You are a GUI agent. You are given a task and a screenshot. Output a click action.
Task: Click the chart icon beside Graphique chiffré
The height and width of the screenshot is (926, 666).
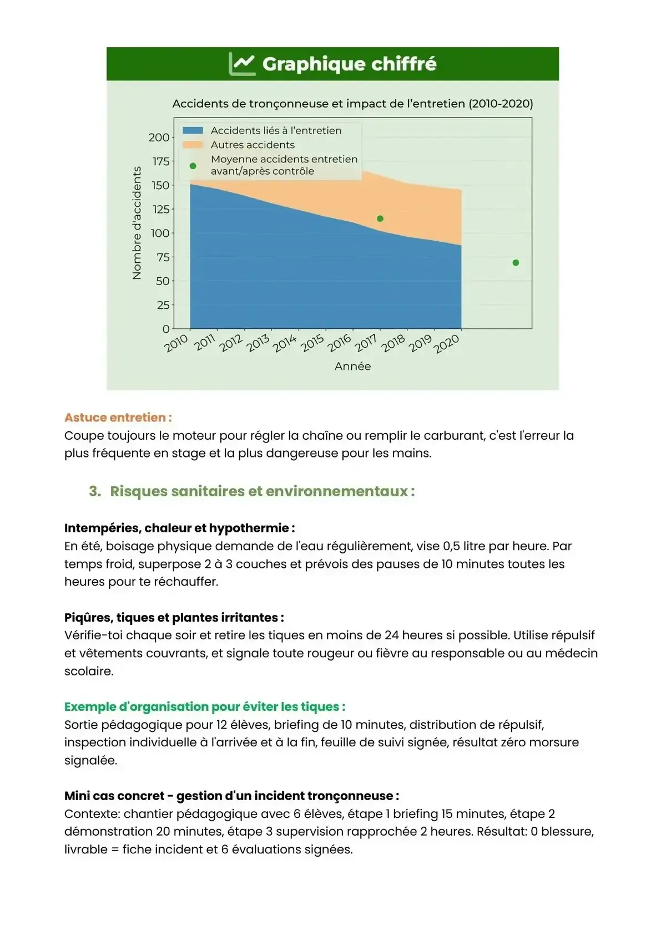click(242, 64)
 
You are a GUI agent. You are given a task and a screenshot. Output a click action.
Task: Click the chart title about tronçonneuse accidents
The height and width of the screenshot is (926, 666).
click(352, 104)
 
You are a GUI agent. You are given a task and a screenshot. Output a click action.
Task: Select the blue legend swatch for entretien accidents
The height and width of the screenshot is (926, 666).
click(193, 130)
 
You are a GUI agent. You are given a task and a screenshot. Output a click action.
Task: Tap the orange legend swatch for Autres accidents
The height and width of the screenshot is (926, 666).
click(193, 145)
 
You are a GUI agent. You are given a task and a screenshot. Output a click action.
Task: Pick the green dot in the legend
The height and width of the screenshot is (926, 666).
click(193, 166)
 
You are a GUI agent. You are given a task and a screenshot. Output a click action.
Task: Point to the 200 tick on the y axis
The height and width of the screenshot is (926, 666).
click(159, 138)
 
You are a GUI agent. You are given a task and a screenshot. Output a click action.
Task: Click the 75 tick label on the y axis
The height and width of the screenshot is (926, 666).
click(163, 257)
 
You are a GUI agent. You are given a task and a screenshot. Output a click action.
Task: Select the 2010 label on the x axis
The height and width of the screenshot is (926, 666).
click(176, 343)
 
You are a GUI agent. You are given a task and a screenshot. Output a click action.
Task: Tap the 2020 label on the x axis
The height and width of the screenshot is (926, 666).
click(447, 344)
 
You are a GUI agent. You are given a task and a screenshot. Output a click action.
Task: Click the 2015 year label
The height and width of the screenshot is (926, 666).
click(312, 343)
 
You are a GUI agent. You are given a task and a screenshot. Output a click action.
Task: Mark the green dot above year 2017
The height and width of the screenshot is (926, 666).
click(380, 218)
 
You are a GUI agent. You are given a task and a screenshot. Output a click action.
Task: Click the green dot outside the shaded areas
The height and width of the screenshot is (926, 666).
click(516, 263)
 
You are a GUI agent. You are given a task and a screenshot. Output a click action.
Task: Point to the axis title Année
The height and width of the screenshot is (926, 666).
click(352, 367)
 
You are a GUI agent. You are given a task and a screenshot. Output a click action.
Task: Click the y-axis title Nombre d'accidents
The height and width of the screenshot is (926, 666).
click(137, 223)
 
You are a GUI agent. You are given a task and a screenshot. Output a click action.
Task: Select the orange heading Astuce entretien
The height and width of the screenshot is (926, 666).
click(118, 418)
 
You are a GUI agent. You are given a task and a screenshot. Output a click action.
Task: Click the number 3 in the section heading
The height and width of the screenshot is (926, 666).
click(94, 491)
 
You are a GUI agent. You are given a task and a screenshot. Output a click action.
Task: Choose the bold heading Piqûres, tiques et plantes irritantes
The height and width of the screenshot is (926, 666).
click(174, 618)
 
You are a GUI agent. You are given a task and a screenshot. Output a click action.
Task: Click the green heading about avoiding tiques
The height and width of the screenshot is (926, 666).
click(204, 706)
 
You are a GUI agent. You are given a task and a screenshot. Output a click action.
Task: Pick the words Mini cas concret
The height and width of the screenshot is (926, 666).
click(114, 796)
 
